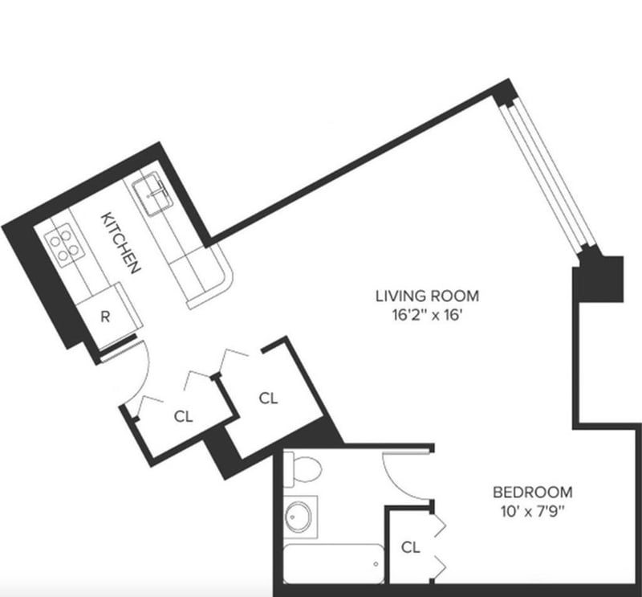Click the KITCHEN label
tap(121, 243)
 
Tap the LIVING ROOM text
tap(427, 296)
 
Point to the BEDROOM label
tap(532, 492)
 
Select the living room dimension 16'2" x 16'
tap(427, 315)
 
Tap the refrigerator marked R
tap(105, 316)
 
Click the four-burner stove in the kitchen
tap(64, 245)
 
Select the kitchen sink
tap(152, 193)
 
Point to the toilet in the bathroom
tap(303, 469)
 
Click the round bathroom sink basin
tap(299, 517)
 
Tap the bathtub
tap(334, 564)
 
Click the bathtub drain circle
tap(376, 564)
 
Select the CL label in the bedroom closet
tap(411, 547)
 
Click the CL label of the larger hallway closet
tap(268, 399)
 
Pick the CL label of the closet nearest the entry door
tap(183, 416)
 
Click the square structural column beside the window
tap(598, 279)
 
